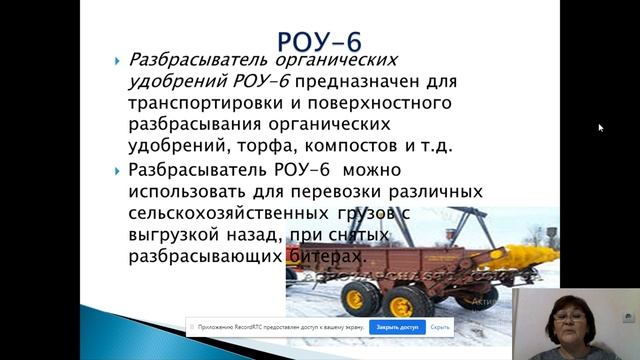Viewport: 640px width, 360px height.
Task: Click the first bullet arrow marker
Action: pyautogui.click(x=117, y=60)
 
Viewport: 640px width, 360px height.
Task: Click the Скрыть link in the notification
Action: pyautogui.click(x=438, y=327)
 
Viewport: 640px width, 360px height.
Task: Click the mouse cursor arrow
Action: pyautogui.click(x=600, y=128)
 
